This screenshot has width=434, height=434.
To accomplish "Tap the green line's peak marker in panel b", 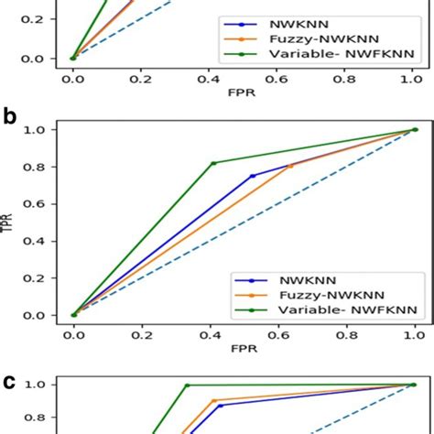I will [213, 163].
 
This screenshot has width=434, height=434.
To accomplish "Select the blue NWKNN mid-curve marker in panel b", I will [253, 176].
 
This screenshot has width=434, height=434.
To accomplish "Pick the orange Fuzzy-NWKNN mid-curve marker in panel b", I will [290, 166].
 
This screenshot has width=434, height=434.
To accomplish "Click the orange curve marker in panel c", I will [214, 401].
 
